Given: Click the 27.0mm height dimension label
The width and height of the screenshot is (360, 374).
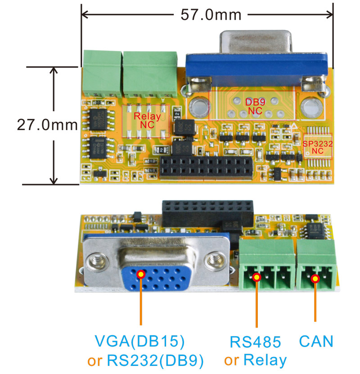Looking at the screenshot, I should (x=47, y=125).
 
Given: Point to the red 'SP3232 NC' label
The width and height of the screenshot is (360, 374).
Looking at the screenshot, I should (x=317, y=147).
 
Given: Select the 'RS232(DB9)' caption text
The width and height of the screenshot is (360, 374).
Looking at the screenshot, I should (x=155, y=360).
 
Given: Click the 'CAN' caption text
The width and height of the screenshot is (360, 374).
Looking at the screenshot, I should (x=316, y=341).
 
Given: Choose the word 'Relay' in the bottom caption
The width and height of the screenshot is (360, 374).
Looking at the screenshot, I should (x=265, y=360).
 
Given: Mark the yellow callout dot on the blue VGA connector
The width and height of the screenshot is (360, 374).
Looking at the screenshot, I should (x=141, y=274).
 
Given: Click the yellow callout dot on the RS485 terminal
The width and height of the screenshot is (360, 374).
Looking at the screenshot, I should (x=256, y=278).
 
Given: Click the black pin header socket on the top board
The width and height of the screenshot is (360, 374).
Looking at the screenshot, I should (x=207, y=166).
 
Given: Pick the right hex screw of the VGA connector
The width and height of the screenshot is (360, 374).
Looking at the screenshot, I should (x=212, y=260).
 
